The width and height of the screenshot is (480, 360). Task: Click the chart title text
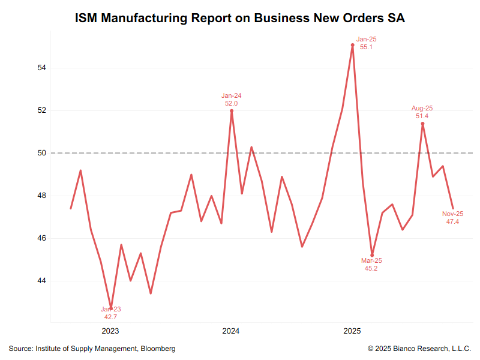(240, 18)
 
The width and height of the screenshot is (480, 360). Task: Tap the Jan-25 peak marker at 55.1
(353, 45)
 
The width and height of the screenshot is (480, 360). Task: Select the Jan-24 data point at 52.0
(232, 110)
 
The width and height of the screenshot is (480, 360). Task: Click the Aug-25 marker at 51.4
(423, 124)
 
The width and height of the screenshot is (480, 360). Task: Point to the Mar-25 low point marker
(373, 255)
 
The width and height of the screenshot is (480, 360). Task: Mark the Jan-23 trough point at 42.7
(111, 308)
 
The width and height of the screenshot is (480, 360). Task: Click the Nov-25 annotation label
(453, 214)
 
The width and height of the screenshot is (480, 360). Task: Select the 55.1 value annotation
(367, 47)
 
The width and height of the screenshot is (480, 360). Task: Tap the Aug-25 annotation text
(422, 109)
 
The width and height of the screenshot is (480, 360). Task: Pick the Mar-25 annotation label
(371, 261)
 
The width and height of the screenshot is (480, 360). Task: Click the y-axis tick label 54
(42, 68)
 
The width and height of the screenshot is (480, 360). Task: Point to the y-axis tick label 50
(42, 154)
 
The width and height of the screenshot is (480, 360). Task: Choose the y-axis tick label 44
(42, 281)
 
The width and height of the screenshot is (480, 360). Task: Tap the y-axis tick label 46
(42, 238)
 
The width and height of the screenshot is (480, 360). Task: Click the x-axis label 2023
(110, 331)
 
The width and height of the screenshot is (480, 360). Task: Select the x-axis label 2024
(231, 331)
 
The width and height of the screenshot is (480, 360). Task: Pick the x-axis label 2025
(352, 331)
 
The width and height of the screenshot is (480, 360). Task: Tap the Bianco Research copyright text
(419, 349)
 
